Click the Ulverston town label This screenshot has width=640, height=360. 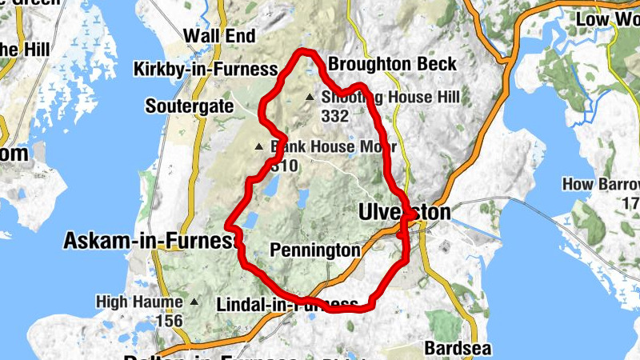403,213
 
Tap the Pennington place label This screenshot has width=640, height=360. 314,250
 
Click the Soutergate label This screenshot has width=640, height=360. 190,106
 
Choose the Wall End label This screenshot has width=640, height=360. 219,36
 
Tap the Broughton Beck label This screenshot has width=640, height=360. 393,64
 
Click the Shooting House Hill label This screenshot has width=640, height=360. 390,98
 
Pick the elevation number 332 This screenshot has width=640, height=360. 334,116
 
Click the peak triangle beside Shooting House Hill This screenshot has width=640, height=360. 310,98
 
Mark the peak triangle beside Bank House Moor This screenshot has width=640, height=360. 258,147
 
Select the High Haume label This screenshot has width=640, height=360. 141,302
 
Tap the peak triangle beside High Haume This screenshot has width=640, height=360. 194,302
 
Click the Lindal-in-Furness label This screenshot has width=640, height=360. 286,305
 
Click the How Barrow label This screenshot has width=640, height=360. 600,185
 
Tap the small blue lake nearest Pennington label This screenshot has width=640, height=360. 304,197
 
